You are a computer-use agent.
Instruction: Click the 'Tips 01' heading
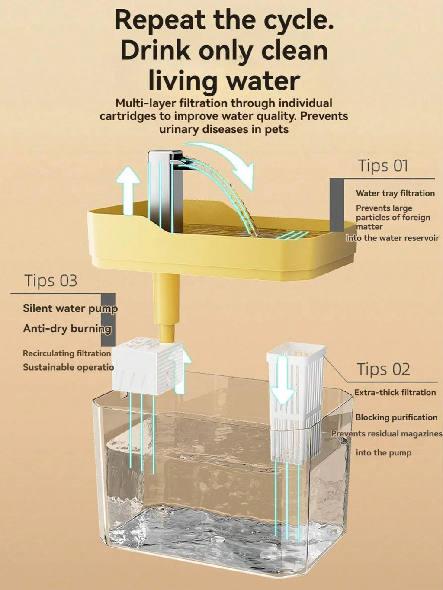(383, 166)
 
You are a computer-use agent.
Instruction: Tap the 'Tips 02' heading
(383, 369)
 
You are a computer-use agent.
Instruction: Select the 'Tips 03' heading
(51, 281)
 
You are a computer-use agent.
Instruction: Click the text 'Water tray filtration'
(395, 193)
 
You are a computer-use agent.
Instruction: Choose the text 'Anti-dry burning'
(67, 329)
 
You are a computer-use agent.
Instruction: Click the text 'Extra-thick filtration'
(395, 393)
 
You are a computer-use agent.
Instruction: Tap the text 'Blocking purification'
(396, 417)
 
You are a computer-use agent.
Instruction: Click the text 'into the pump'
(383, 453)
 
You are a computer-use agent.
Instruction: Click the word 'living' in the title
(183, 81)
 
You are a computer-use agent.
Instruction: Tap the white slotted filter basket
(296, 402)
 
